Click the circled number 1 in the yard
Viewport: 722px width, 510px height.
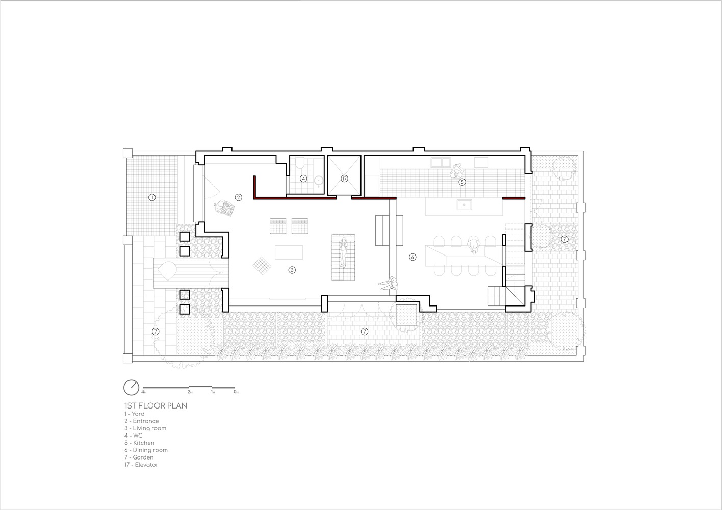[152, 197]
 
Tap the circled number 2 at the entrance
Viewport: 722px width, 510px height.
[238, 197]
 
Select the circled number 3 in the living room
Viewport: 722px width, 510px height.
[292, 270]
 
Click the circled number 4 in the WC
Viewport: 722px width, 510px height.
[303, 178]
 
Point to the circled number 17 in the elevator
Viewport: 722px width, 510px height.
[344, 178]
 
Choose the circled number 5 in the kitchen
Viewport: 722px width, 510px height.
[462, 182]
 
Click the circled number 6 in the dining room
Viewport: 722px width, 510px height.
[412, 257]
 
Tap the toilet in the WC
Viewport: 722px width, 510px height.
[300, 163]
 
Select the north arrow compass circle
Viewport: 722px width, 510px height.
[131, 387]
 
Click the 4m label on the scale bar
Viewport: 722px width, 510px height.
[144, 392]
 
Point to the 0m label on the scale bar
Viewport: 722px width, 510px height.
[236, 392]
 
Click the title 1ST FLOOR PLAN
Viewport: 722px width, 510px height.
[156, 406]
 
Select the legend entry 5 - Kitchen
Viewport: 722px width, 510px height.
[140, 443]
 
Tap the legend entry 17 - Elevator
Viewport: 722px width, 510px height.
[142, 465]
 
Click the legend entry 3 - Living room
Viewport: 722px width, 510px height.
[145, 428]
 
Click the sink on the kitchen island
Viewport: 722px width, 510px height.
[464, 205]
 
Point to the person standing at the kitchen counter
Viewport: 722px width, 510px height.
[457, 170]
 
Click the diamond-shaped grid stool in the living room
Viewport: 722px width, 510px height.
[262, 266]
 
